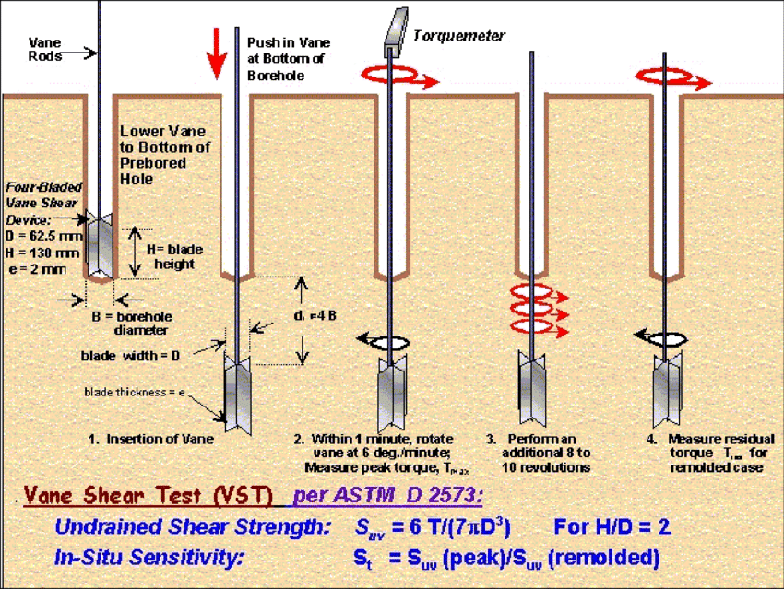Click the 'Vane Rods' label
click(45, 49)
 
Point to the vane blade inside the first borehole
click(100, 245)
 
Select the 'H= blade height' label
click(174, 256)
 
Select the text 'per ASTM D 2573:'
click(387, 496)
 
